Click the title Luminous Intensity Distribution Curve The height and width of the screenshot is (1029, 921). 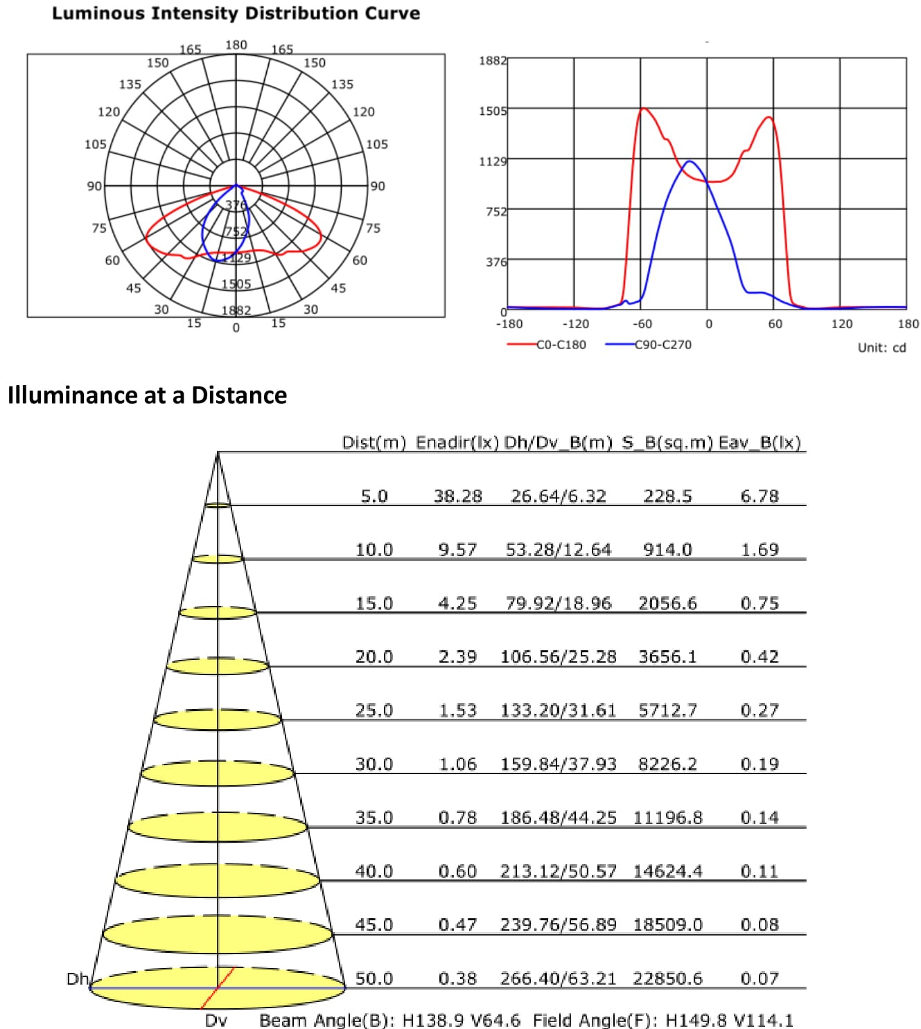pyautogui.click(x=236, y=13)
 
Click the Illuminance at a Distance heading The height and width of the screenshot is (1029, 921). pyautogui.click(x=147, y=395)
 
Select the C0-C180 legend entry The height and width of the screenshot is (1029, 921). pyautogui.click(x=561, y=344)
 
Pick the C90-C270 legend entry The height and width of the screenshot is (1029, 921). pyautogui.click(x=663, y=344)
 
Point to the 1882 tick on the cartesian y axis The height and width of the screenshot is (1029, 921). pyautogui.click(x=492, y=61)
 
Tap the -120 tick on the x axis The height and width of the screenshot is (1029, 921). pyautogui.click(x=575, y=324)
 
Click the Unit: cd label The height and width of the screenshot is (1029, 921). pyautogui.click(x=881, y=348)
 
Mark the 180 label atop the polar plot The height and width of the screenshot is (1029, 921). pyautogui.click(x=236, y=45)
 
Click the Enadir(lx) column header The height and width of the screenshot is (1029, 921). pyautogui.click(x=457, y=443)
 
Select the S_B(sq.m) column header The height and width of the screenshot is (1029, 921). pyautogui.click(x=667, y=443)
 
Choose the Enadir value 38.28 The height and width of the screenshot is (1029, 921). pyautogui.click(x=457, y=496)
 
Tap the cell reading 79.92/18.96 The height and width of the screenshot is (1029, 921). pyautogui.click(x=559, y=604)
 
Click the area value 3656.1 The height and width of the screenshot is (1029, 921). pyautogui.click(x=667, y=657)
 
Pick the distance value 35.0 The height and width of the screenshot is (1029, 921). pyautogui.click(x=374, y=818)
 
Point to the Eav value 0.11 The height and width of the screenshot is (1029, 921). pyautogui.click(x=760, y=871)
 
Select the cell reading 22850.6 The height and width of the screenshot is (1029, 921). pyautogui.click(x=667, y=978)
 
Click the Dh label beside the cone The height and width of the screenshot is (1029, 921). pyautogui.click(x=77, y=978)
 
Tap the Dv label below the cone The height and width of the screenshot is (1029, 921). pyautogui.click(x=216, y=1021)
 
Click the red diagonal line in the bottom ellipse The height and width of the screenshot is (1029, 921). pyautogui.click(x=218, y=988)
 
